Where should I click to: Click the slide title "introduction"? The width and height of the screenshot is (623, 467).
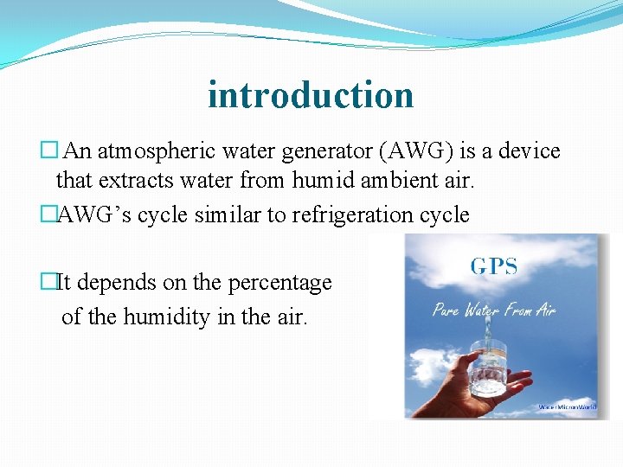[311, 94]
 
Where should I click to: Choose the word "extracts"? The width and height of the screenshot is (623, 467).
[127, 181]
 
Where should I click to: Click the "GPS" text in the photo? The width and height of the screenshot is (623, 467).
[494, 266]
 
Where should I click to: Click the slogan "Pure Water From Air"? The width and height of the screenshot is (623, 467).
[494, 310]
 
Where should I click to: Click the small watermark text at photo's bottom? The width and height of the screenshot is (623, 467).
[568, 406]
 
